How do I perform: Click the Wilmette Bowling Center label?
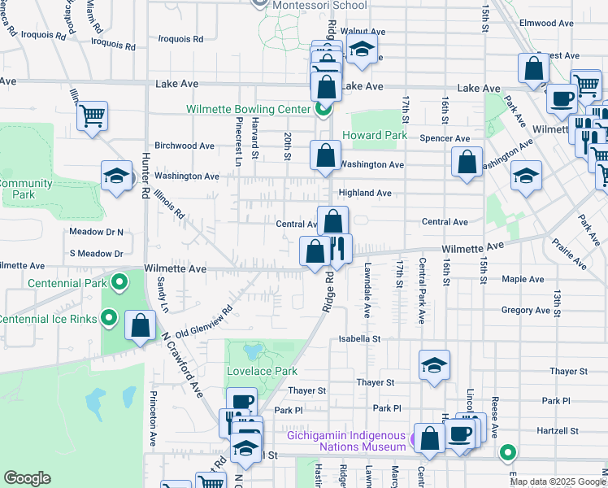(x=248, y=109)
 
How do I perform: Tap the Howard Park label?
(x=374, y=135)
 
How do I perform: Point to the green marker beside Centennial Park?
(x=119, y=283)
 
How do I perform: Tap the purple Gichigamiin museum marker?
(x=416, y=441)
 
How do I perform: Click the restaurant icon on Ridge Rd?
(x=338, y=250)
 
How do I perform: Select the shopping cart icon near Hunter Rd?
(x=93, y=116)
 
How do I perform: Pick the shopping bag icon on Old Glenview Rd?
(x=141, y=326)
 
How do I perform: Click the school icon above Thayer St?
(x=435, y=365)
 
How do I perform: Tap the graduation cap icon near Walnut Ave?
(x=362, y=49)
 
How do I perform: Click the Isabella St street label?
(x=360, y=338)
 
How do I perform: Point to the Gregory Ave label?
(x=525, y=310)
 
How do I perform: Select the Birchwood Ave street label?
(x=184, y=146)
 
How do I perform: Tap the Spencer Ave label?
(x=445, y=138)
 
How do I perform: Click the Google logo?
(x=27, y=478)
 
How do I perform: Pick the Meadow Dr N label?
(x=96, y=232)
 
